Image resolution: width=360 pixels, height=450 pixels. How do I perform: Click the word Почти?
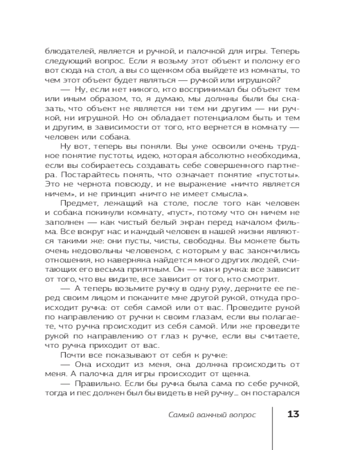click(x=71, y=356)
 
